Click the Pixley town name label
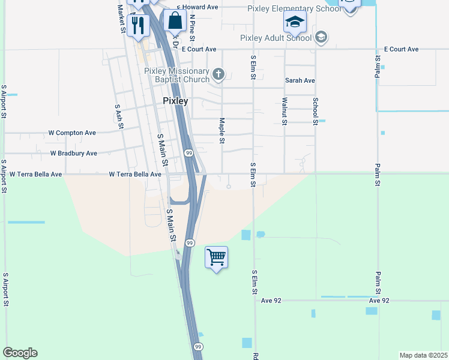tap(175, 101)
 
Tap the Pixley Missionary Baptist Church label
tap(176, 75)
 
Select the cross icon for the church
tap(218, 74)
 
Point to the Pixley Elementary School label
tap(290, 8)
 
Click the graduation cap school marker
tap(295, 22)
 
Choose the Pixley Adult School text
tap(276, 38)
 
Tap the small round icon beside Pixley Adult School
tap(321, 38)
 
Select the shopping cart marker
tap(216, 257)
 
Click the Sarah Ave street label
tap(300, 80)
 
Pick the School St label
tap(315, 111)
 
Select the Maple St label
tap(221, 130)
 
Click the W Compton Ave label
tap(72, 133)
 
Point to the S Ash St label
tap(118, 113)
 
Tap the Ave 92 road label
tap(379, 301)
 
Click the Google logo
tap(20, 353)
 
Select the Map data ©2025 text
tap(423, 355)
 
